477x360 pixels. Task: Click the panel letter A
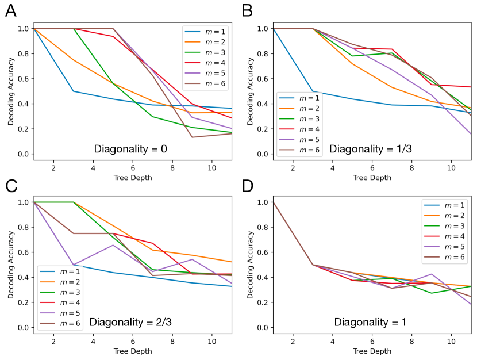pos(10,10)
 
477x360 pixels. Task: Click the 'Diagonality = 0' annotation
pos(130,149)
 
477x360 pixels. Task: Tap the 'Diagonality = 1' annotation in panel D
pos(371,322)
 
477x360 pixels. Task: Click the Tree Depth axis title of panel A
pos(133,178)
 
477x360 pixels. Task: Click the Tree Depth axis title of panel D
pos(372,351)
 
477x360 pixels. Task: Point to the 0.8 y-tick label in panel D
pos(262,227)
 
